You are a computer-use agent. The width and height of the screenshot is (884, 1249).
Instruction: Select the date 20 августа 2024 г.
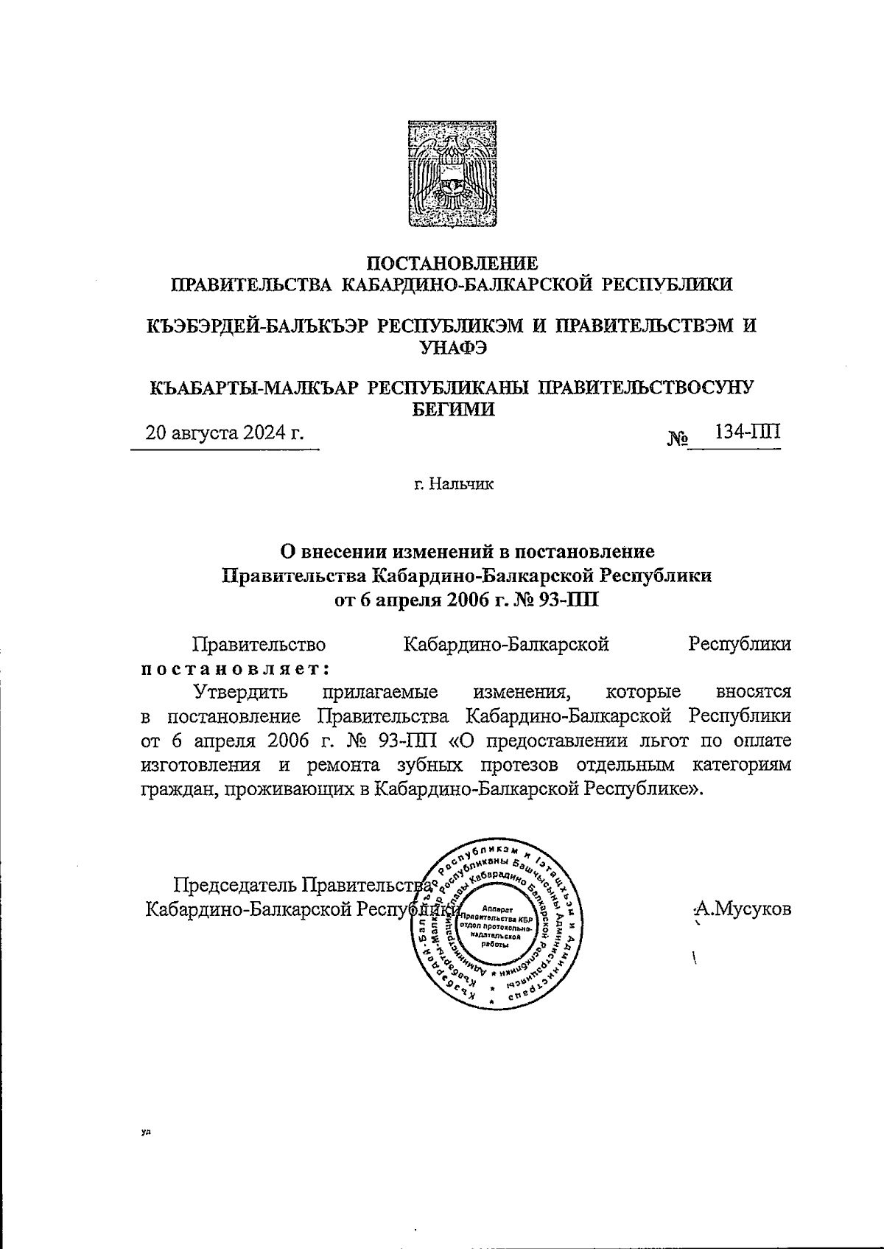[x=225, y=433]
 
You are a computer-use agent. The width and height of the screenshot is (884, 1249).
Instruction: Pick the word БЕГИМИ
[x=452, y=409]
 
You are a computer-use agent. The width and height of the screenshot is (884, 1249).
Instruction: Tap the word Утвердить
[x=240, y=693]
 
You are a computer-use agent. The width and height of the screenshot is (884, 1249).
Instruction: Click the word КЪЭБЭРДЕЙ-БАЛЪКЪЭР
[x=256, y=326]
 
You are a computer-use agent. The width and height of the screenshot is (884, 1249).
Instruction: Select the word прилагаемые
[x=379, y=693]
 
